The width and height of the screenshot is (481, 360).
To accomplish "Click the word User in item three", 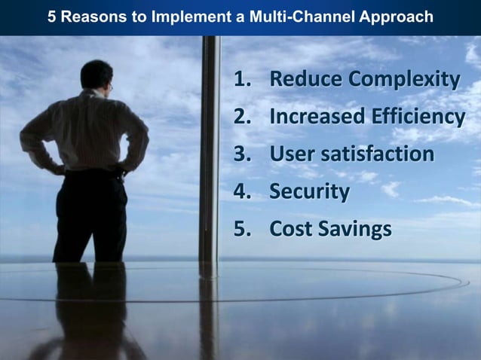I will [290, 154].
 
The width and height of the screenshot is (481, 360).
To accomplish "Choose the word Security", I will [309, 192].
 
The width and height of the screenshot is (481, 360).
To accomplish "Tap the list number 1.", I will [242, 80].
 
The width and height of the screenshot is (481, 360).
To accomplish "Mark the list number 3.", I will [242, 154].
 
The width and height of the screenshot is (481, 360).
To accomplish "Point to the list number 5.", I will [242, 229].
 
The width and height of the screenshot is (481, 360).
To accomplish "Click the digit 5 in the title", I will [52, 17].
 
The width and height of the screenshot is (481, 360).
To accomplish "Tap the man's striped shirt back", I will [90, 132].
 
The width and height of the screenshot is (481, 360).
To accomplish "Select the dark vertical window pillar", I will [210, 151].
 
